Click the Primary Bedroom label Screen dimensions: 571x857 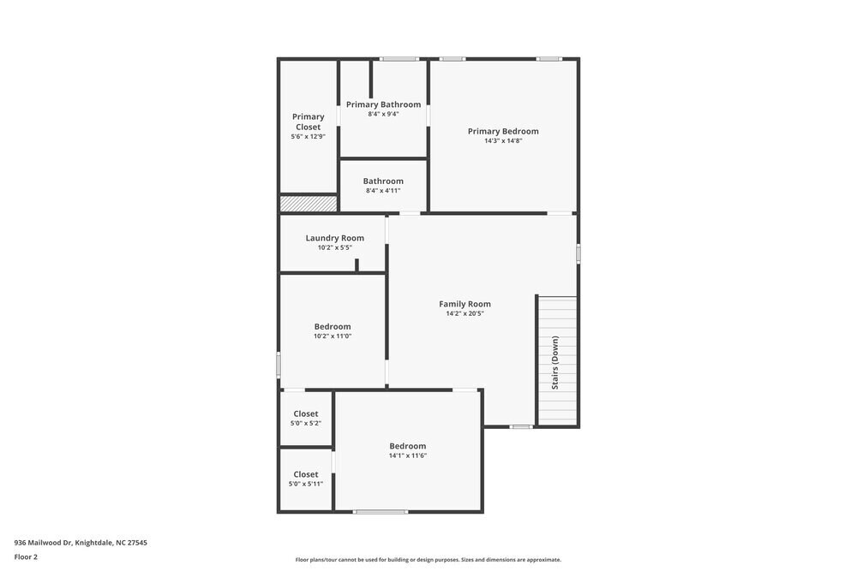(503, 131)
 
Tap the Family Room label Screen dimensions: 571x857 (464, 304)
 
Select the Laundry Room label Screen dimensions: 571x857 (334, 238)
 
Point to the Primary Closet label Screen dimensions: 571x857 (309, 122)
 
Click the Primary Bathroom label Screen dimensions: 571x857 (383, 104)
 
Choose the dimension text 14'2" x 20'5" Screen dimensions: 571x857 (464, 313)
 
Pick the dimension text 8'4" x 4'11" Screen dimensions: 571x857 (383, 190)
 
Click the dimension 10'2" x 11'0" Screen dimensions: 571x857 (333, 336)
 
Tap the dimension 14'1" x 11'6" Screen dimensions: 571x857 (407, 455)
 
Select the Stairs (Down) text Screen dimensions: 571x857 (555, 363)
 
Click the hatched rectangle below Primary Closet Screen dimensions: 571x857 (309, 204)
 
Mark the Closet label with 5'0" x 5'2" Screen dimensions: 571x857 (306, 413)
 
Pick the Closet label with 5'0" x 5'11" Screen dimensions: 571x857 (306, 474)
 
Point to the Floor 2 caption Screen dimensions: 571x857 (26, 556)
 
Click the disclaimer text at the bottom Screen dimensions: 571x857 (428, 560)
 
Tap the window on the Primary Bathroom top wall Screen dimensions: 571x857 (399, 59)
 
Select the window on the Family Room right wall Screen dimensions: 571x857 (578, 253)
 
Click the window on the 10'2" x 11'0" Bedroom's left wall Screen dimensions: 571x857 (279, 365)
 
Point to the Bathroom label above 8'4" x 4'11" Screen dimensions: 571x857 (383, 181)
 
